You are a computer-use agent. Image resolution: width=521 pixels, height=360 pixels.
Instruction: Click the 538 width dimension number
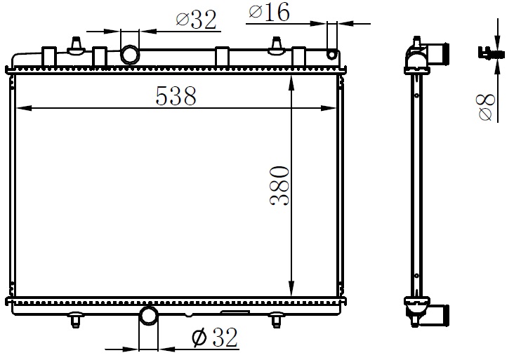176,95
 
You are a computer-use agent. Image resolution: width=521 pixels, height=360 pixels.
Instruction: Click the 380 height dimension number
279,187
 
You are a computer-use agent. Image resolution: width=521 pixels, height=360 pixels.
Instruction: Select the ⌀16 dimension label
269,13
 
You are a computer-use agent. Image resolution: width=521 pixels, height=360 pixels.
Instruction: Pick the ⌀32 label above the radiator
196,20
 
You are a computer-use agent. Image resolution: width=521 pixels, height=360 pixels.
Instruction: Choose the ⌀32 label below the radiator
215,338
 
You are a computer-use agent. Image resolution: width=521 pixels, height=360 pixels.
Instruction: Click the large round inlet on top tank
130,55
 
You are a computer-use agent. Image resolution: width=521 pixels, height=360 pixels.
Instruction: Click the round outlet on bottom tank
148,316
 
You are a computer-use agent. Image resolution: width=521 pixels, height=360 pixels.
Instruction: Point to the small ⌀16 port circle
331,55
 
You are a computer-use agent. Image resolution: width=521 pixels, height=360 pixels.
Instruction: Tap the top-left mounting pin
77,46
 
